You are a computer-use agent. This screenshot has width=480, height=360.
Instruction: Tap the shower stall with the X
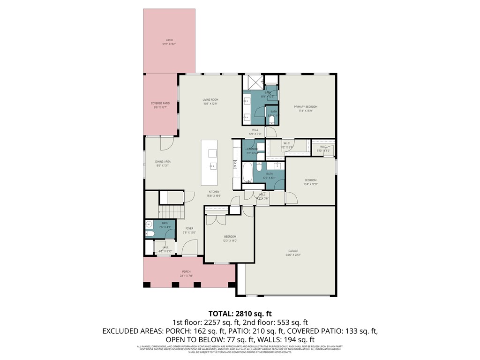[254, 82]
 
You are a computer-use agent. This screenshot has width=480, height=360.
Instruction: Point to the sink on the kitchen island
[213, 165]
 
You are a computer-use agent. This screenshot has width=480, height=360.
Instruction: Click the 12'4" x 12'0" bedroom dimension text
[311, 184]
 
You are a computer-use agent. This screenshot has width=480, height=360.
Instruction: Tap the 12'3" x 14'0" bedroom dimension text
[230, 240]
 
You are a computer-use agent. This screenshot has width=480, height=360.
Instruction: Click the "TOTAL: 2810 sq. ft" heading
[240, 313]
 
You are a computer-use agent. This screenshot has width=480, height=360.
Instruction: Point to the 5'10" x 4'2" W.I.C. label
[323, 150]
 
